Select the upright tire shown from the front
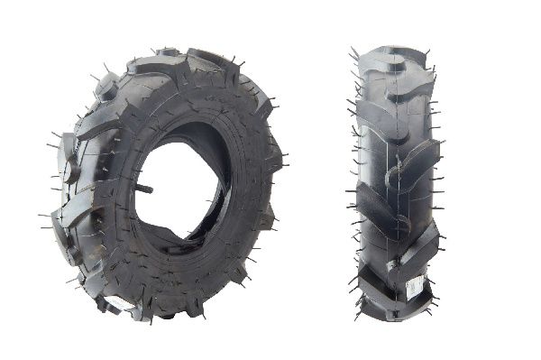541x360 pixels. pyautogui.click(x=394, y=180)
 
